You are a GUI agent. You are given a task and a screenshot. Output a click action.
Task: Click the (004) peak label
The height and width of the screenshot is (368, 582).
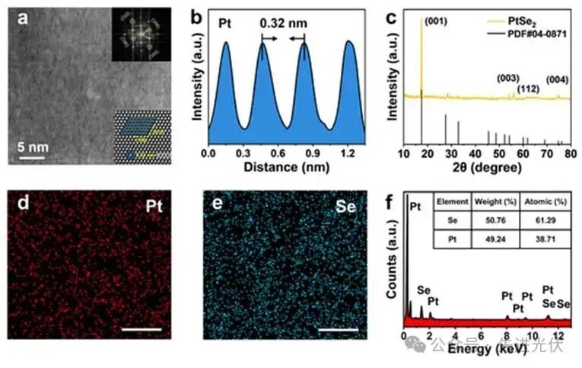[556, 78]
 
